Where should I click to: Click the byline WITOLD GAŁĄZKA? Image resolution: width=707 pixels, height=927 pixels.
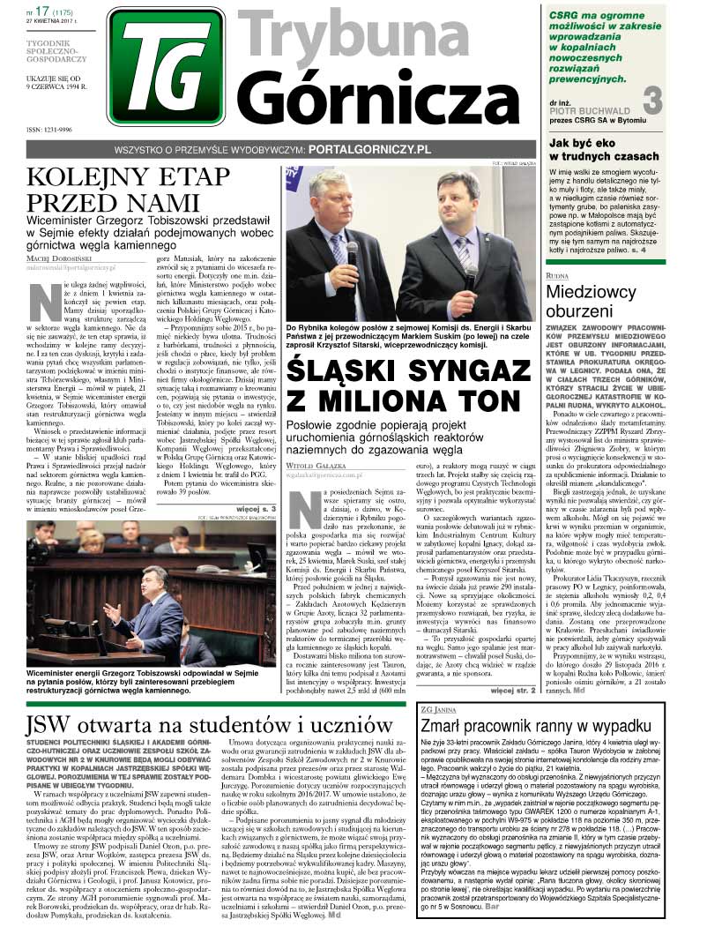tap(320, 447)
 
